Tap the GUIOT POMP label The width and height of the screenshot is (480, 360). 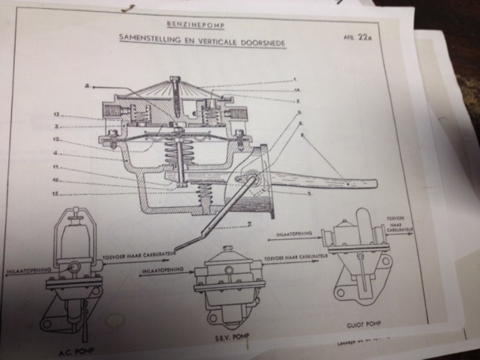tap(364, 326)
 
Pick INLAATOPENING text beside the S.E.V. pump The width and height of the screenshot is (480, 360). tap(162, 270)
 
